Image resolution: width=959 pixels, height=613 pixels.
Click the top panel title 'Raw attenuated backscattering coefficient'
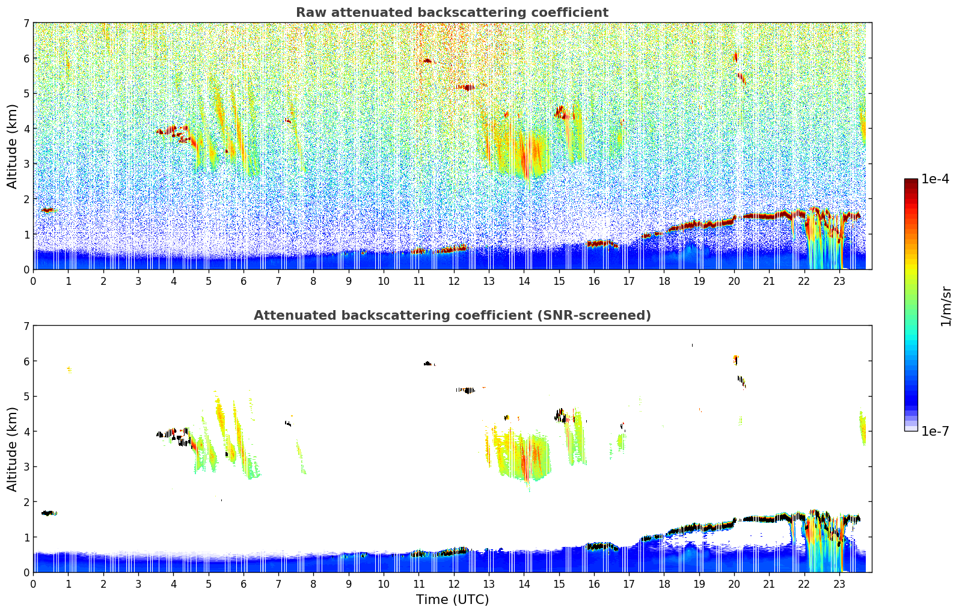452,13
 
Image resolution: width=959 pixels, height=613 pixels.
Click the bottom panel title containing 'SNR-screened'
452,316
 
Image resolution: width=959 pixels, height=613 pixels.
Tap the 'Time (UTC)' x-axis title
452,599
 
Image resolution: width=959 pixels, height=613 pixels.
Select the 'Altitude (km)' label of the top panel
12,146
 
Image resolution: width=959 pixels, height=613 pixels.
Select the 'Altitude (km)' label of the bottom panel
12,449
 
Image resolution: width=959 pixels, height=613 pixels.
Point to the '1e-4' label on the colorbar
935,179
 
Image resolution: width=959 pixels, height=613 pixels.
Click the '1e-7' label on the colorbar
935,431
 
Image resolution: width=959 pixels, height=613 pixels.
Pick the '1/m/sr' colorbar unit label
946,306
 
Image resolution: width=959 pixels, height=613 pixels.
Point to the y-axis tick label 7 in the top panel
26,23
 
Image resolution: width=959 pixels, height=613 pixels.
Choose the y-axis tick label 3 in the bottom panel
26,467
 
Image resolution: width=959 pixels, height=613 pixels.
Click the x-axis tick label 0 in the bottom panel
33,584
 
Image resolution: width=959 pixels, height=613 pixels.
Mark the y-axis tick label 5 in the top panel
26,94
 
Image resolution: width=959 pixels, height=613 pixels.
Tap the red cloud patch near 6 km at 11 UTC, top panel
427,61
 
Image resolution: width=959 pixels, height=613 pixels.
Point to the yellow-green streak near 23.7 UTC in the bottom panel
862,428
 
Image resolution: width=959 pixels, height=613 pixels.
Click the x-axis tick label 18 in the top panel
664,281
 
